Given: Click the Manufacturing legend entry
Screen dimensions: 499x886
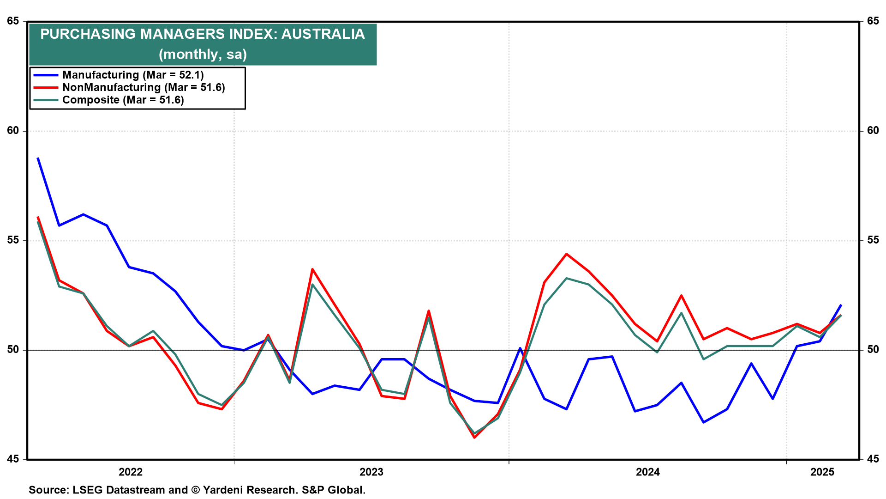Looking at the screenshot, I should (x=133, y=75).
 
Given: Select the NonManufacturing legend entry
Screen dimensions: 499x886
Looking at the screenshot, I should (x=144, y=87).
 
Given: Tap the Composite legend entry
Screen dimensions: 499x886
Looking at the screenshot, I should (x=123, y=100).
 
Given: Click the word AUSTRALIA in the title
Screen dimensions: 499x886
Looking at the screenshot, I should (x=323, y=34).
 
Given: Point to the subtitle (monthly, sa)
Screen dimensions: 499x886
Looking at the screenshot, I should (x=203, y=54).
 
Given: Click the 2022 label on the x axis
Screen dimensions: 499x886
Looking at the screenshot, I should (x=131, y=472).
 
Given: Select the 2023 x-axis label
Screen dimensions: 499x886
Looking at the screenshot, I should (x=371, y=472).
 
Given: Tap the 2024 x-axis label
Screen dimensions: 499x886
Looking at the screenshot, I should (x=648, y=472).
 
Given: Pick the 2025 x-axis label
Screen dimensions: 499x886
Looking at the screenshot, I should (x=822, y=472).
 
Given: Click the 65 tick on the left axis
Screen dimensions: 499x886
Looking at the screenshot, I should (x=13, y=21).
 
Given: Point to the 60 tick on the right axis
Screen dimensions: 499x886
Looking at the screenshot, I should (x=873, y=131).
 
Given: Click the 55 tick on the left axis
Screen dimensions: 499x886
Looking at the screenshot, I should (x=13, y=240).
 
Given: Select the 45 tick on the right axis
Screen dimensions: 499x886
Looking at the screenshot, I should (x=873, y=459).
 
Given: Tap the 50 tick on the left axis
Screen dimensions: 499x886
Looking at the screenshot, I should (x=13, y=350).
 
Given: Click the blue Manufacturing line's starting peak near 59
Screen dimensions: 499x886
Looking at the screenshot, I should (x=38, y=158).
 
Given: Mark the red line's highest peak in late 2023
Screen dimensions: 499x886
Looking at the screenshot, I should (x=566, y=254).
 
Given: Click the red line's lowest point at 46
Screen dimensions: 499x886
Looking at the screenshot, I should (x=474, y=437).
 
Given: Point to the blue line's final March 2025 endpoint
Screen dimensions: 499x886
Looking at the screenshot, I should (x=841, y=305).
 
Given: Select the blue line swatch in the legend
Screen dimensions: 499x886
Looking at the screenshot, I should (x=46, y=75).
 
